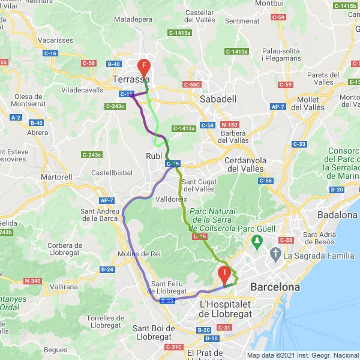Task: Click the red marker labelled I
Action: click(x=225, y=274)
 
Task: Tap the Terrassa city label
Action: click(x=131, y=79)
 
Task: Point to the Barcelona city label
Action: click(x=275, y=287)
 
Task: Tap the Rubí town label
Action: click(x=154, y=156)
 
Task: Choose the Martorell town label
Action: click(x=56, y=178)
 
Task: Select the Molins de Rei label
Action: click(x=138, y=254)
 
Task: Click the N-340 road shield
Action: click(x=32, y=281)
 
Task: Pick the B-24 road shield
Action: click(x=107, y=269)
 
